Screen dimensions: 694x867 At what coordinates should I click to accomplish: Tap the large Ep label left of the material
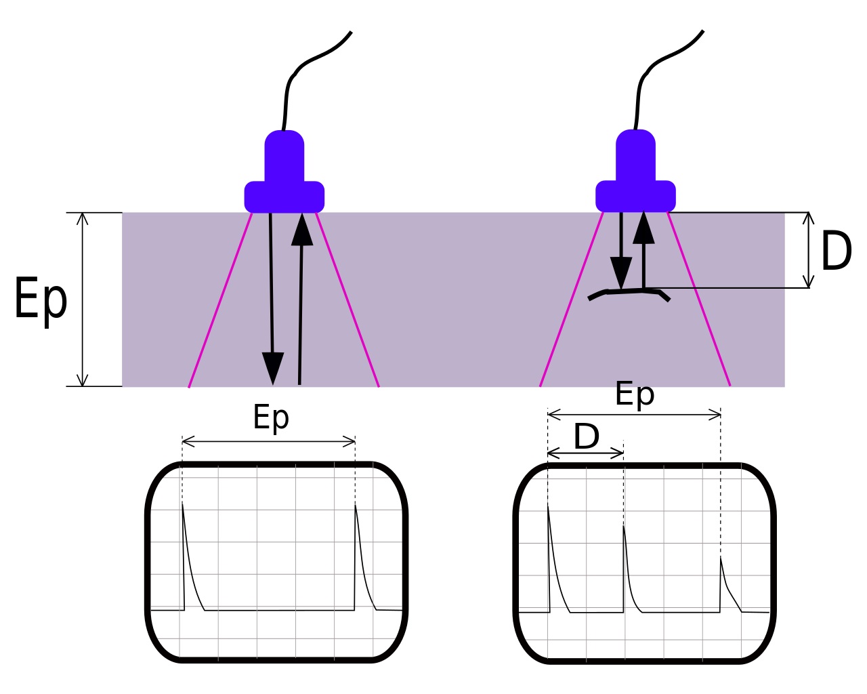(41, 299)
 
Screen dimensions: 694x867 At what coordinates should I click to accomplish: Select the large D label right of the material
(836, 251)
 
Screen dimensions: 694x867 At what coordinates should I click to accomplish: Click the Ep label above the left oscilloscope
(271, 417)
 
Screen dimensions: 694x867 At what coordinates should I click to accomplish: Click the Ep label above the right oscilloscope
(635, 394)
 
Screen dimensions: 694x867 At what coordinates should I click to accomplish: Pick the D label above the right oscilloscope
(586, 437)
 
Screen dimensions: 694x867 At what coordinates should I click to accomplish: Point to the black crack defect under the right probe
(630, 293)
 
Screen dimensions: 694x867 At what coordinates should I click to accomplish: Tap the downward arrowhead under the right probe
(620, 272)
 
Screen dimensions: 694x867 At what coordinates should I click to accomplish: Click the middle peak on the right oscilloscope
(624, 527)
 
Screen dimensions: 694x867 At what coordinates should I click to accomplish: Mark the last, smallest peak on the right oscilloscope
(721, 559)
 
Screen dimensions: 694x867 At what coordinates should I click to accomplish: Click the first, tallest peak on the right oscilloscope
(548, 507)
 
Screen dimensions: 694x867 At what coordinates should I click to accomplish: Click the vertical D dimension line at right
(808, 250)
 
